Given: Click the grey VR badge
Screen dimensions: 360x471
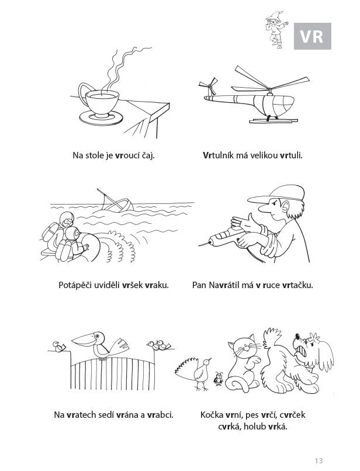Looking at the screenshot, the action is [x=313, y=36].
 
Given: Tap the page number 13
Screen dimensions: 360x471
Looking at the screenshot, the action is [x=319, y=460].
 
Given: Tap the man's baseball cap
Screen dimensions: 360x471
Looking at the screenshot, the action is [x=279, y=194].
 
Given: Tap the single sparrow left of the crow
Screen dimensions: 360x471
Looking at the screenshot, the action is [x=59, y=347].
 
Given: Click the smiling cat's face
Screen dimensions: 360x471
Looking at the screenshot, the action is [x=244, y=348].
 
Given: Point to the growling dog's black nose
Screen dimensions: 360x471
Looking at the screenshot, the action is [x=297, y=336].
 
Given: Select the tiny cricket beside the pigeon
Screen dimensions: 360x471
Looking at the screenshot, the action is [x=219, y=379].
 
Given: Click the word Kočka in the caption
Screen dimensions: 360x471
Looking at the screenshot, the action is [x=212, y=415].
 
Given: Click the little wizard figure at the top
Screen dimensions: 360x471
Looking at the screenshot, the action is [x=276, y=29].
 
